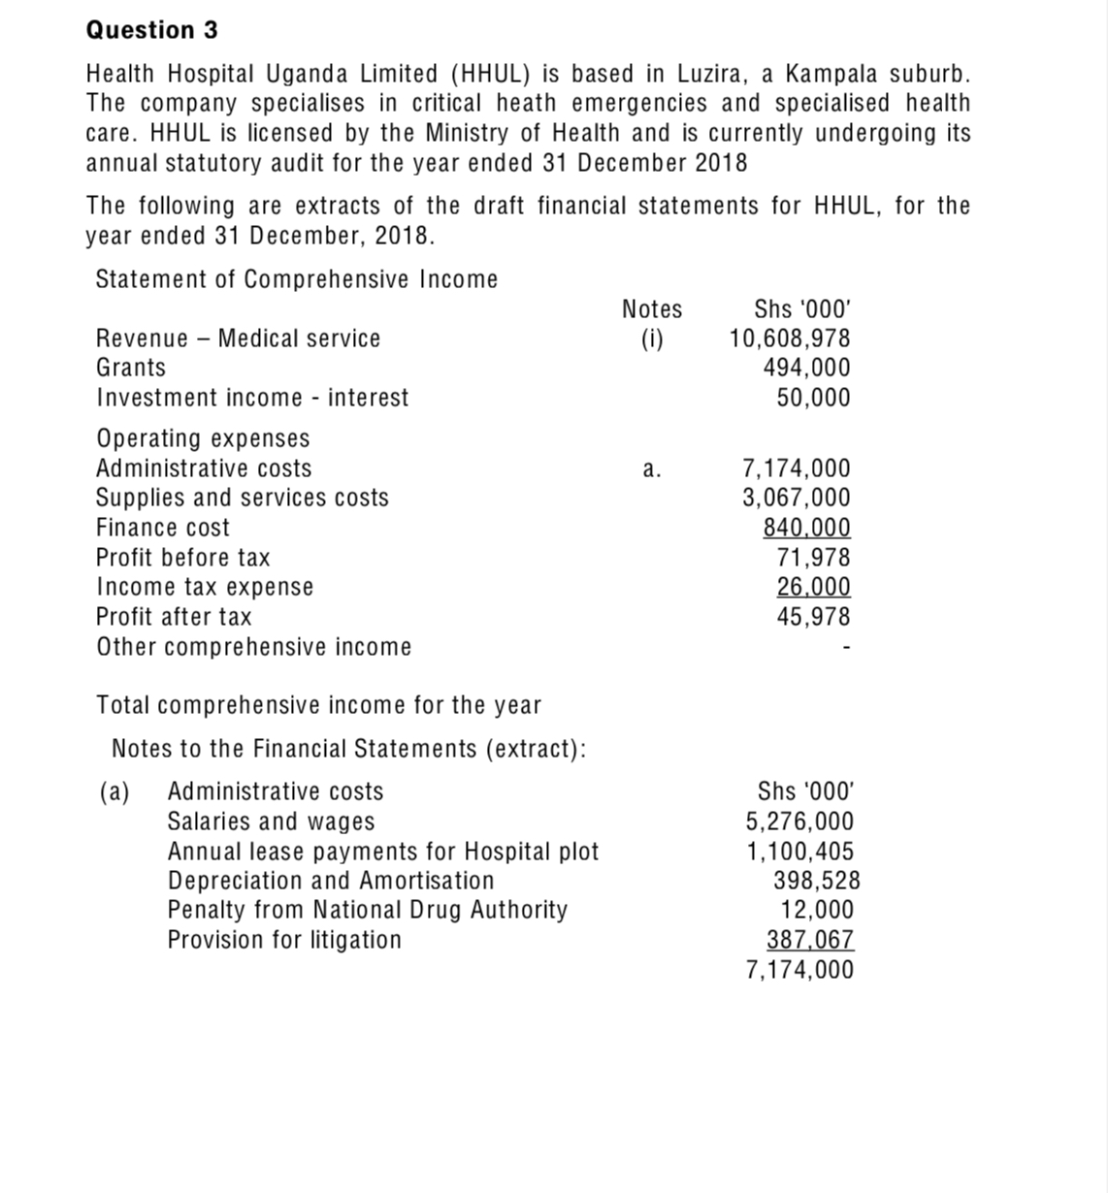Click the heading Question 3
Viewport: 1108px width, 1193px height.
pos(152,30)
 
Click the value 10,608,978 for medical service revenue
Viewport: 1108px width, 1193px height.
pos(790,339)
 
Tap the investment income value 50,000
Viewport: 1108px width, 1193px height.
pos(813,398)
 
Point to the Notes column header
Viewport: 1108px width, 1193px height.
pos(652,309)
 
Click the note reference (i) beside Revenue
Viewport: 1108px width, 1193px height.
pos(652,339)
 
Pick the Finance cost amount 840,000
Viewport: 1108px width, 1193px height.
pos(806,528)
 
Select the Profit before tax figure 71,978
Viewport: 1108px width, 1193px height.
pos(813,558)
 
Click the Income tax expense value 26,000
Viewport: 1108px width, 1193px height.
pos(813,587)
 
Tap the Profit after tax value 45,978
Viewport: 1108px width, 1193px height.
pos(813,617)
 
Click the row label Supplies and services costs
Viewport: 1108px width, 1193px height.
pos(242,498)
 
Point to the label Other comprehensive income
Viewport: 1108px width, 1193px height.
pos(253,647)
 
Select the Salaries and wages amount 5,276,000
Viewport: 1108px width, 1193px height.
pos(799,822)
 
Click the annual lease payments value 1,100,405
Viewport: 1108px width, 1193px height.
pos(799,852)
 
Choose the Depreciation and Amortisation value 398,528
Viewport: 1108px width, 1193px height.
pos(816,881)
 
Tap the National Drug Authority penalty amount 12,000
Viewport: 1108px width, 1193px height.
pos(817,910)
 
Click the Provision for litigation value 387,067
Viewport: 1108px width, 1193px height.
pos(810,940)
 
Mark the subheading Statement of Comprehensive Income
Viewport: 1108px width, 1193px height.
pos(296,279)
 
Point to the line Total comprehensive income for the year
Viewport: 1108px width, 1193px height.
pos(318,705)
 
